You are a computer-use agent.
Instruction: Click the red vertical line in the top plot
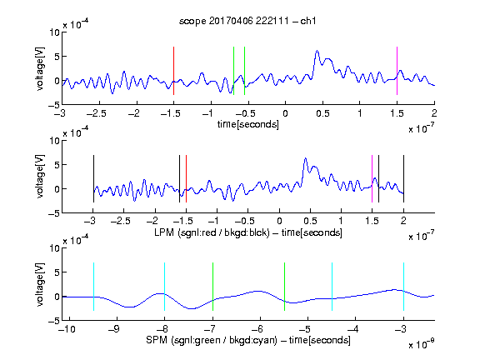(x=173, y=71)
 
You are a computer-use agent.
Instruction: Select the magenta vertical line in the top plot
(x=397, y=71)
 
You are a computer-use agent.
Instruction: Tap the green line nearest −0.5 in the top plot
(x=245, y=71)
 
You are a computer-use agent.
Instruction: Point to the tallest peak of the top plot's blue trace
(x=317, y=51)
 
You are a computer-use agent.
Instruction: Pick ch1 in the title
(x=308, y=21)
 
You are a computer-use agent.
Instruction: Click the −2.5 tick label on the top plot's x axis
(x=97, y=114)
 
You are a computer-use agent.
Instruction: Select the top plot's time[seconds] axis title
(x=248, y=124)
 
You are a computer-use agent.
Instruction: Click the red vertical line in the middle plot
(x=186, y=179)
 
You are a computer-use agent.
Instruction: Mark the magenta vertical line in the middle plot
(x=372, y=179)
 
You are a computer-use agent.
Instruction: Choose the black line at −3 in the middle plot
(x=93, y=179)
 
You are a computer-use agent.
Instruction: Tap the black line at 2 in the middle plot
(x=403, y=179)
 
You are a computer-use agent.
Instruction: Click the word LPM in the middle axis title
(x=164, y=232)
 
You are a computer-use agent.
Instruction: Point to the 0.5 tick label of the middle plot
(x=310, y=221)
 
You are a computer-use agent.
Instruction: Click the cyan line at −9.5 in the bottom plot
(x=93, y=287)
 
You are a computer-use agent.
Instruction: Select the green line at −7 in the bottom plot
(x=212, y=287)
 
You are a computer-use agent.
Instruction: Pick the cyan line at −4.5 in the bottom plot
(x=332, y=287)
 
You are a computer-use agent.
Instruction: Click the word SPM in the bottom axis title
(x=157, y=340)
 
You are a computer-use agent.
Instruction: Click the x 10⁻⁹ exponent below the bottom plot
(x=421, y=344)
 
